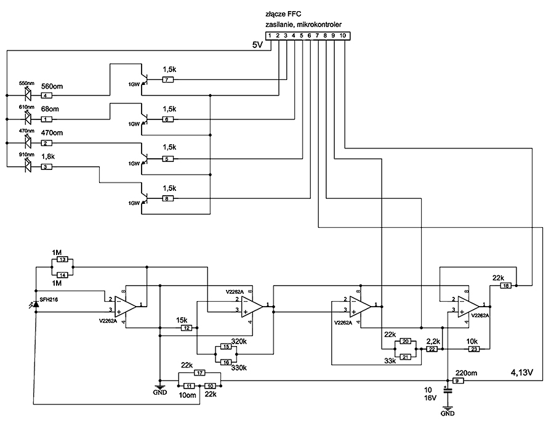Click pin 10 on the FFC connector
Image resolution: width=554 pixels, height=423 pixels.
tap(343, 36)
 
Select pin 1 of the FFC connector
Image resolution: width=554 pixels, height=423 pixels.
tap(270, 36)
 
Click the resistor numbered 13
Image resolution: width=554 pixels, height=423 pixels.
tap(63, 260)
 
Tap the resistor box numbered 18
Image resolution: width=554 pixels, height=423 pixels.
tap(506, 286)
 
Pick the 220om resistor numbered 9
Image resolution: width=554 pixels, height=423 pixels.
tap(457, 381)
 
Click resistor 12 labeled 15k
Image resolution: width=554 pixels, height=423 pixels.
tap(186, 328)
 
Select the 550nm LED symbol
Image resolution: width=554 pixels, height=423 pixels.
tap(28, 94)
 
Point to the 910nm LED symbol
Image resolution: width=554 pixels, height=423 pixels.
tap(28, 166)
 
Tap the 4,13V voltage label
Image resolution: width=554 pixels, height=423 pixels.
tap(522, 372)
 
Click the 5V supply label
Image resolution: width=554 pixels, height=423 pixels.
tap(257, 45)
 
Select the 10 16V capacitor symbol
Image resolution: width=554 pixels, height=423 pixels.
tap(448, 390)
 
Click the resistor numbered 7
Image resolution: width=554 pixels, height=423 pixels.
tap(168, 80)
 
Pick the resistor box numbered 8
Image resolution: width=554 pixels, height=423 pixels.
tap(168, 199)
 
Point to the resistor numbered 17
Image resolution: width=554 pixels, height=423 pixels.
tap(199, 373)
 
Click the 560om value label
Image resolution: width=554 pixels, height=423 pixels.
tap(52, 86)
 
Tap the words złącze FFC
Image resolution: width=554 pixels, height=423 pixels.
tap(283, 15)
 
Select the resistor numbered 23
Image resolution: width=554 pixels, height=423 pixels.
tap(474, 349)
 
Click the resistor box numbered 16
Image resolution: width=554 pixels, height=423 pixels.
tap(226, 362)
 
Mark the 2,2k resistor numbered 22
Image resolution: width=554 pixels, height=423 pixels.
tap(432, 349)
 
